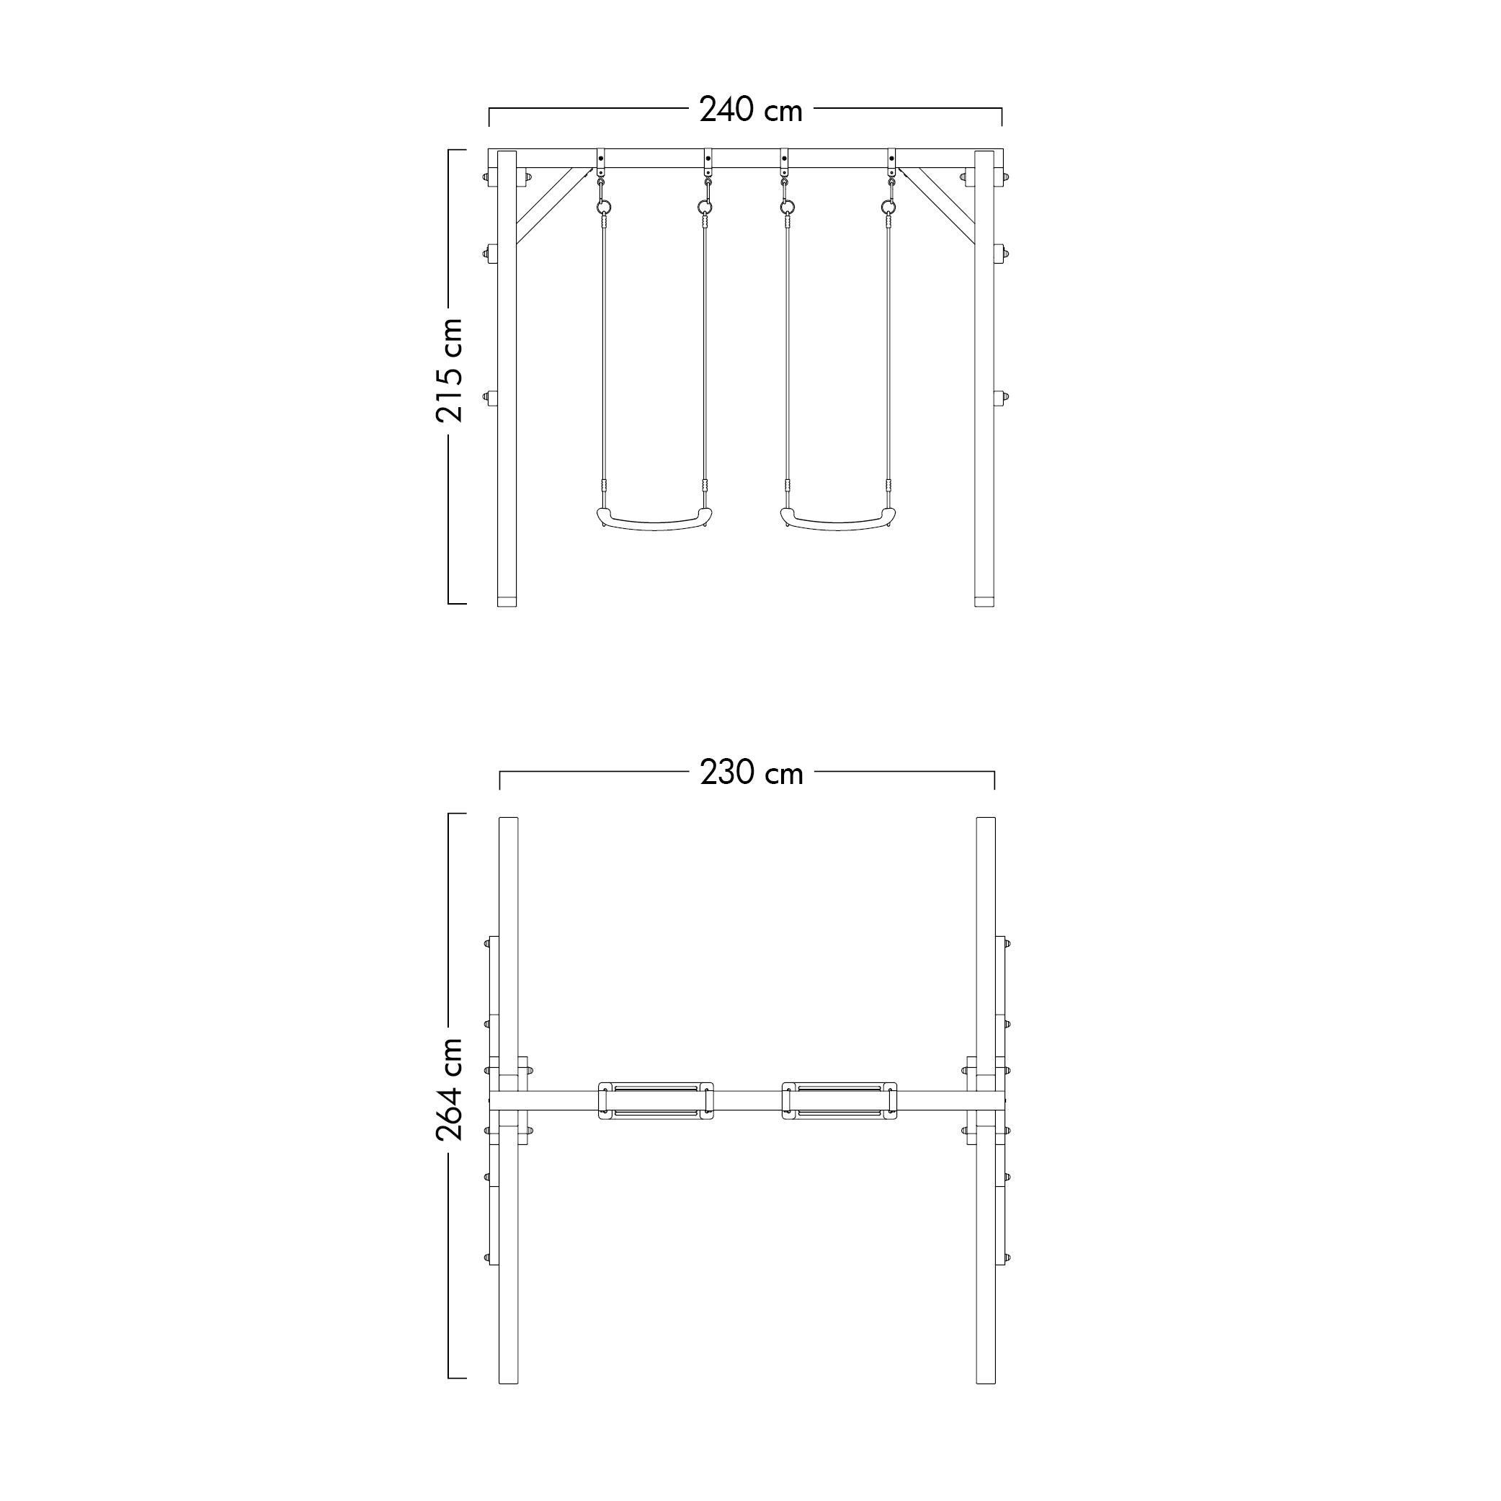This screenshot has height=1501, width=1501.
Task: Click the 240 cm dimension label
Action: [751, 110]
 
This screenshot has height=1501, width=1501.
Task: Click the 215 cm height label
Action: [450, 370]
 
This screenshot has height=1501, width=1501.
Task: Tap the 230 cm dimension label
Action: [752, 773]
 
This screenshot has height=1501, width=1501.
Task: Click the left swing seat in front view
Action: [654, 520]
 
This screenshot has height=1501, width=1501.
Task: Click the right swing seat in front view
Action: [837, 520]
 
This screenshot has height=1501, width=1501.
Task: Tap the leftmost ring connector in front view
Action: [604, 207]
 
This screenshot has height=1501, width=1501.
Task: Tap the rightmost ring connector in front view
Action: [888, 207]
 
